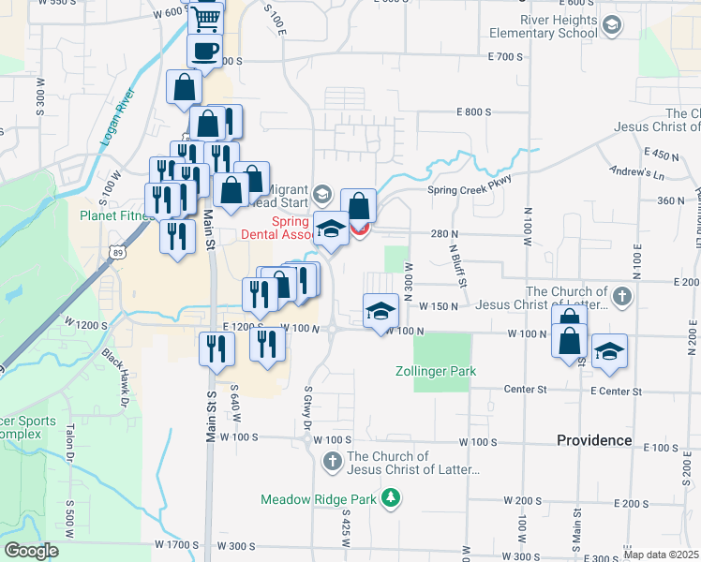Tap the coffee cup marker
(204, 51)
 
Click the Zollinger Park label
(435, 372)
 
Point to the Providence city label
(594, 440)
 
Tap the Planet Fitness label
(116, 215)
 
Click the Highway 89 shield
(115, 251)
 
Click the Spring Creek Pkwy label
(471, 188)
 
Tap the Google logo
(31, 550)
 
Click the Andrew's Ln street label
(636, 172)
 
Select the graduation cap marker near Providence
(609, 350)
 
